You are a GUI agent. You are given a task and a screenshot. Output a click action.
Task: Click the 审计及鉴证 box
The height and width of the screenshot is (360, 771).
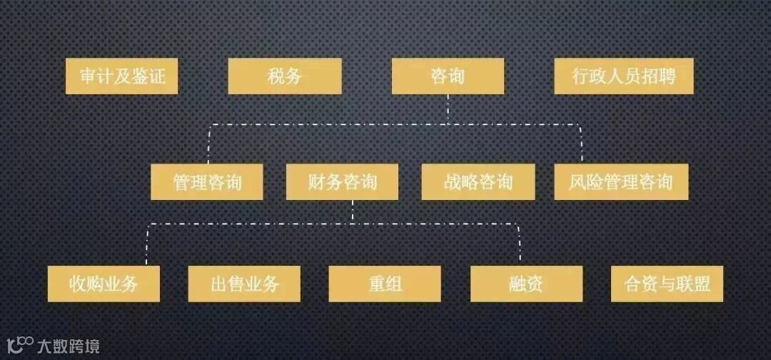(x=121, y=76)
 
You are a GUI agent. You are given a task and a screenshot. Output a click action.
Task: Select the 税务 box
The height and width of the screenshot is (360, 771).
(x=284, y=76)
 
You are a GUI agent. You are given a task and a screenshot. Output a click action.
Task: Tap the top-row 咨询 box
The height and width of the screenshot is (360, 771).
(x=448, y=76)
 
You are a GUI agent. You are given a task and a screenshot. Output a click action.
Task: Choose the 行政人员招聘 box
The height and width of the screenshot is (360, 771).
(x=623, y=76)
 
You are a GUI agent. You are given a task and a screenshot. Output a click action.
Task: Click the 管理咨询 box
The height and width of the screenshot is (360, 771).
(x=206, y=182)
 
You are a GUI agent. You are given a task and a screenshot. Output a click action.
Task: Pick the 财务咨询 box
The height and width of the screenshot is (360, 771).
(x=342, y=182)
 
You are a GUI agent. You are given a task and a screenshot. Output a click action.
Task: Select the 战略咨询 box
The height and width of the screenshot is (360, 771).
(x=478, y=182)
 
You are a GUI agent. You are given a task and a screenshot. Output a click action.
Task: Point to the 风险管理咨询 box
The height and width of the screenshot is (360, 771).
(x=621, y=182)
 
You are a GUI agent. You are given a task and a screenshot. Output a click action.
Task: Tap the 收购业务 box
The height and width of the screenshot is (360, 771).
(x=104, y=284)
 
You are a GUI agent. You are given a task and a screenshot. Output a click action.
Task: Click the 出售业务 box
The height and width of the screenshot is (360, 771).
(x=244, y=284)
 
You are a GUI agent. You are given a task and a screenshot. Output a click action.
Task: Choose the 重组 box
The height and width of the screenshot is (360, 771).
(x=385, y=284)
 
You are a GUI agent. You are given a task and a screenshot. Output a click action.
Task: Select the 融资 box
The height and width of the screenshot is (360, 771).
(x=526, y=284)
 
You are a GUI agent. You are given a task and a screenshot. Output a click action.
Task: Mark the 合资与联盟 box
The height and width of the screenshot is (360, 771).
(x=667, y=284)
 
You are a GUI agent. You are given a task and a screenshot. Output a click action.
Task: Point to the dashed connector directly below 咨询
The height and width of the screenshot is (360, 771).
(x=448, y=109)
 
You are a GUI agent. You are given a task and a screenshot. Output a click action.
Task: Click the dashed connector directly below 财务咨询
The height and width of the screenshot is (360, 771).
(x=353, y=211)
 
